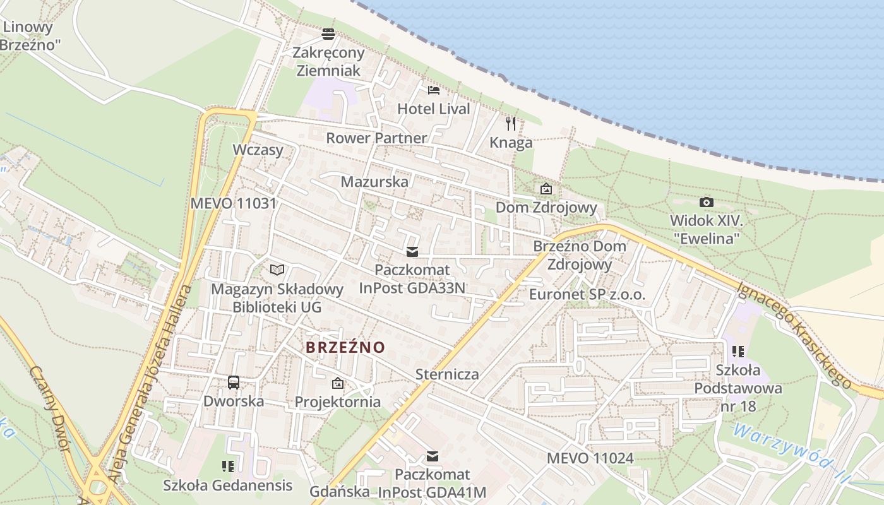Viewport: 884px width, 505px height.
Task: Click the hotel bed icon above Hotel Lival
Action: [433, 90]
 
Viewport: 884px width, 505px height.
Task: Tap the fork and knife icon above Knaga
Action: [511, 123]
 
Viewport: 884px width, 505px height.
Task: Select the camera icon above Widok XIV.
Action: [707, 202]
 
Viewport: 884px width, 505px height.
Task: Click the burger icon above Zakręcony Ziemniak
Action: [328, 33]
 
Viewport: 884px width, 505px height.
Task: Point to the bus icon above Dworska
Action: [234, 382]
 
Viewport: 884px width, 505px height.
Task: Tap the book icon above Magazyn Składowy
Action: [277, 270]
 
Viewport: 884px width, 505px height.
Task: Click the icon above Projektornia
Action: [338, 383]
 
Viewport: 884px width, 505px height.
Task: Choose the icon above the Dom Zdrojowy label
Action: [546, 189]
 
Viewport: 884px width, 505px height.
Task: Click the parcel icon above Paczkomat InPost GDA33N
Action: [412, 252]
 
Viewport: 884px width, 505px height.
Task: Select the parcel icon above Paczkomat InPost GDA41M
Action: [433, 456]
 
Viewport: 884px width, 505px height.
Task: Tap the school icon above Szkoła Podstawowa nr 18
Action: [738, 351]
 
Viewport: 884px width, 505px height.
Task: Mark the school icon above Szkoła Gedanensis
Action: [228, 466]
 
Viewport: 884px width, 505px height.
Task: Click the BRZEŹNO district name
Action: [345, 347]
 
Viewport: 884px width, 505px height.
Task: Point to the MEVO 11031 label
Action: [234, 203]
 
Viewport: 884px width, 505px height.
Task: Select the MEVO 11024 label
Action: [590, 458]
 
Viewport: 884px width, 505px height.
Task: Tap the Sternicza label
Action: [447, 374]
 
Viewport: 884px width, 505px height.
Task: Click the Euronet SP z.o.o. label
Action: [587, 295]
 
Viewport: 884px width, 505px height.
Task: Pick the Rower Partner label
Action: [376, 138]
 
